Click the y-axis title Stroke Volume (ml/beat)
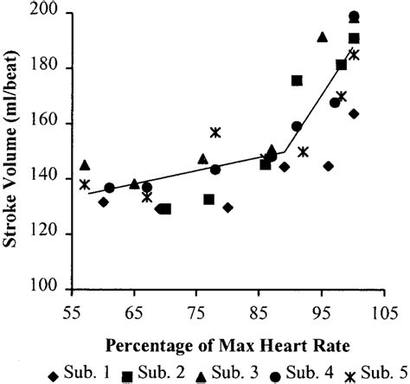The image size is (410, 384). click(13, 152)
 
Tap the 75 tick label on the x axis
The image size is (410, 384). click(197, 313)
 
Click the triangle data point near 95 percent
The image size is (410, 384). click(322, 37)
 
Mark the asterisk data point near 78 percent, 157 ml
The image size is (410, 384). click(215, 132)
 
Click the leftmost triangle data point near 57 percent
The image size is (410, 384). click(85, 164)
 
